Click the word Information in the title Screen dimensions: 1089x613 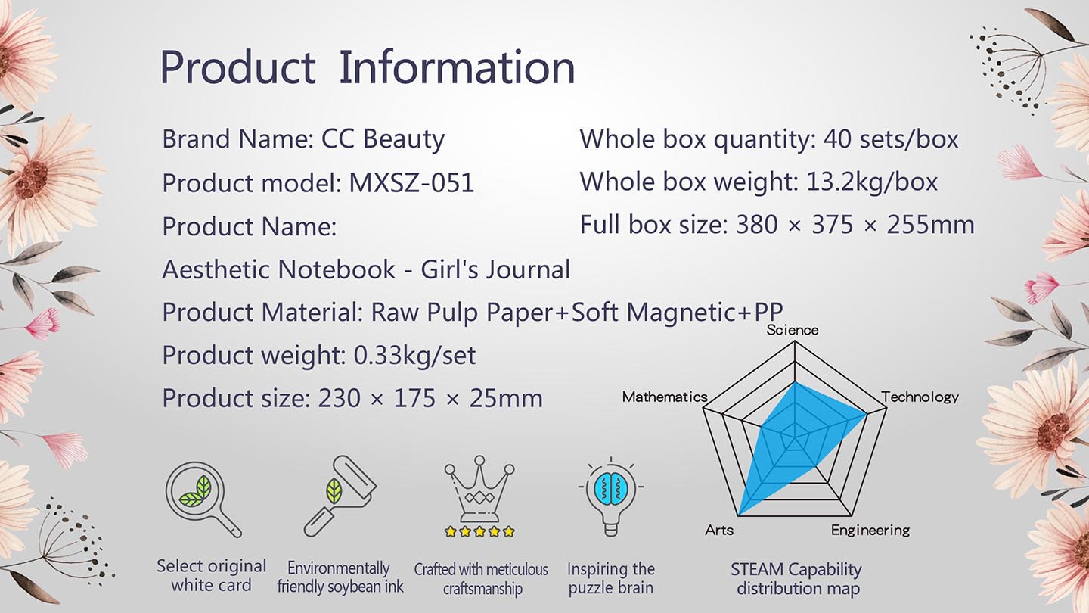pos(457,67)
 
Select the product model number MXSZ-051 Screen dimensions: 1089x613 pos(411,183)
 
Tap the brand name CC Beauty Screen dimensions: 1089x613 pos(383,139)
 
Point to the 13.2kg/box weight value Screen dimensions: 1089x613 pos(872,182)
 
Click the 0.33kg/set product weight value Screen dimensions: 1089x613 pos(414,356)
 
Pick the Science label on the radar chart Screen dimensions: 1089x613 pos(793,330)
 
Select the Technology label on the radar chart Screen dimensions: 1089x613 pos(920,397)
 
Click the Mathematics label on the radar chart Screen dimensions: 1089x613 pos(665,397)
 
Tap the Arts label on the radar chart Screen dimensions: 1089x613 pos(719,530)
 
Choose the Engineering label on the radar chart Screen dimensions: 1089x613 pos(870,531)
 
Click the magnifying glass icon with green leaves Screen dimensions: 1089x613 pos(203,499)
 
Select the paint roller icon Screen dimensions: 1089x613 pos(340,496)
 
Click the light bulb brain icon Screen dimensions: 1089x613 pos(611,496)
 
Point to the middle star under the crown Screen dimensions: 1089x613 pos(479,531)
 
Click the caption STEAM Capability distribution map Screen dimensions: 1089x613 pos(797,578)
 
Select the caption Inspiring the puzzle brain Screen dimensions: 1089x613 pos(611,578)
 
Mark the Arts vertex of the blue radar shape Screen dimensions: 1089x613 pos(738,515)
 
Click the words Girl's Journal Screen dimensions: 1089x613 pos(495,269)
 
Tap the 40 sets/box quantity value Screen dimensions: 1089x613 pos(891,139)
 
